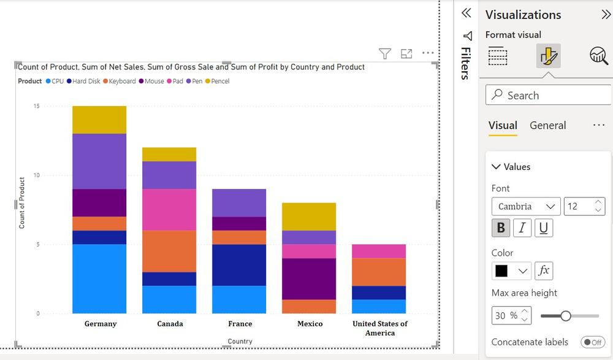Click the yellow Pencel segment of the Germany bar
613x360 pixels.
click(99, 120)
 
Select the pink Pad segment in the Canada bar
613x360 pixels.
click(169, 209)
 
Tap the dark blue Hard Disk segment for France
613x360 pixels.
click(239, 265)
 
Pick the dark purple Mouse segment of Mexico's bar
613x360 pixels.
click(309, 278)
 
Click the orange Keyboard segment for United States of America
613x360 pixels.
click(379, 272)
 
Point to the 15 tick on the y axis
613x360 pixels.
click(37, 106)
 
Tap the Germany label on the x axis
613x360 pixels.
click(101, 324)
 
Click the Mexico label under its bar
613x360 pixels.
click(310, 324)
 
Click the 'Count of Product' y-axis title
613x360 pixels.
click(22, 203)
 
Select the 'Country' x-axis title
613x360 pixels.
click(240, 341)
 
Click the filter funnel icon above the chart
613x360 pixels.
click(385, 54)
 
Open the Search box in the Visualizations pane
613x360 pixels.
click(549, 95)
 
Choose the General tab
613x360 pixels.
click(547, 125)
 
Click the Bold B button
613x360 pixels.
click(501, 228)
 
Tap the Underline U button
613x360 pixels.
click(543, 228)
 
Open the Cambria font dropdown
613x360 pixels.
click(525, 206)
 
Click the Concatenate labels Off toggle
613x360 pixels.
click(592, 342)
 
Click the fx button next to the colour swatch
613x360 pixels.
click(544, 270)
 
